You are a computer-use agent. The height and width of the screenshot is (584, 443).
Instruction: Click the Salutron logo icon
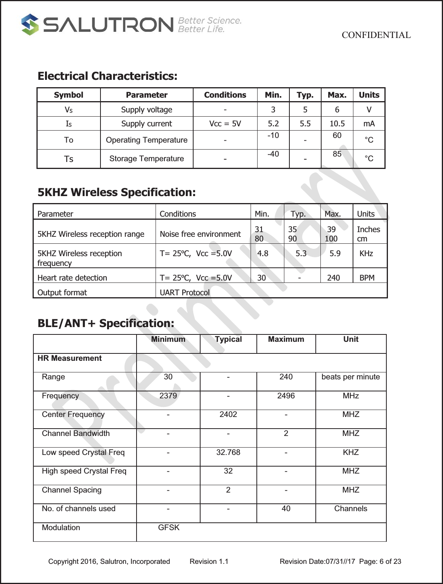30,24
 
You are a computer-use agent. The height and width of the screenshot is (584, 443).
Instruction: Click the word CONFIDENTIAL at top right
376,35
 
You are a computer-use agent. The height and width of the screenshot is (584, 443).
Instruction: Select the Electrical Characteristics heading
107,76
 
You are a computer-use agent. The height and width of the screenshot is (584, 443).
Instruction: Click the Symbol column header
69,95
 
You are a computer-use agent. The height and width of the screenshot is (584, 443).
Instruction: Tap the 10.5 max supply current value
337,124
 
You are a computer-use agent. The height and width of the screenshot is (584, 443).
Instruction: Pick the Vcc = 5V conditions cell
225,124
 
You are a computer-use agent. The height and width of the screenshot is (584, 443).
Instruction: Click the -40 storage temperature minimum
273,154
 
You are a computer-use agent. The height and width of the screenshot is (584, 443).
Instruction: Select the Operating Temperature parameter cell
147,140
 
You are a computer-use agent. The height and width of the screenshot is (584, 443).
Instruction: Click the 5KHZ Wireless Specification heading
116,192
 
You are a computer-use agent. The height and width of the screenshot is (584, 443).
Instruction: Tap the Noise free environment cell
200,234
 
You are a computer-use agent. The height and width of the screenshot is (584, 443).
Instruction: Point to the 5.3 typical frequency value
301,253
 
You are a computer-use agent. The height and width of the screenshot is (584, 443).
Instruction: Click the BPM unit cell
367,278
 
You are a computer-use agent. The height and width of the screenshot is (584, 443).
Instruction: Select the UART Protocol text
185,293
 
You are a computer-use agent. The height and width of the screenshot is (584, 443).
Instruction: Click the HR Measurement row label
69,358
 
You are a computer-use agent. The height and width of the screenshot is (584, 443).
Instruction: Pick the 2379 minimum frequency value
168,396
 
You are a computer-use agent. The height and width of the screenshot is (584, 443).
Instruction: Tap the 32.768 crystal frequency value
228,452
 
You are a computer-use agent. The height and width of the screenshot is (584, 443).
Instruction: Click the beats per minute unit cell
351,377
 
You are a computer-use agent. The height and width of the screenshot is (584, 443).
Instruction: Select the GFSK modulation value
169,528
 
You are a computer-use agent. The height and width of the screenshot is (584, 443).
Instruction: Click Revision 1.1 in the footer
209,562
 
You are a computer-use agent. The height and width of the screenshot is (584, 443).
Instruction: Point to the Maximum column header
286,339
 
